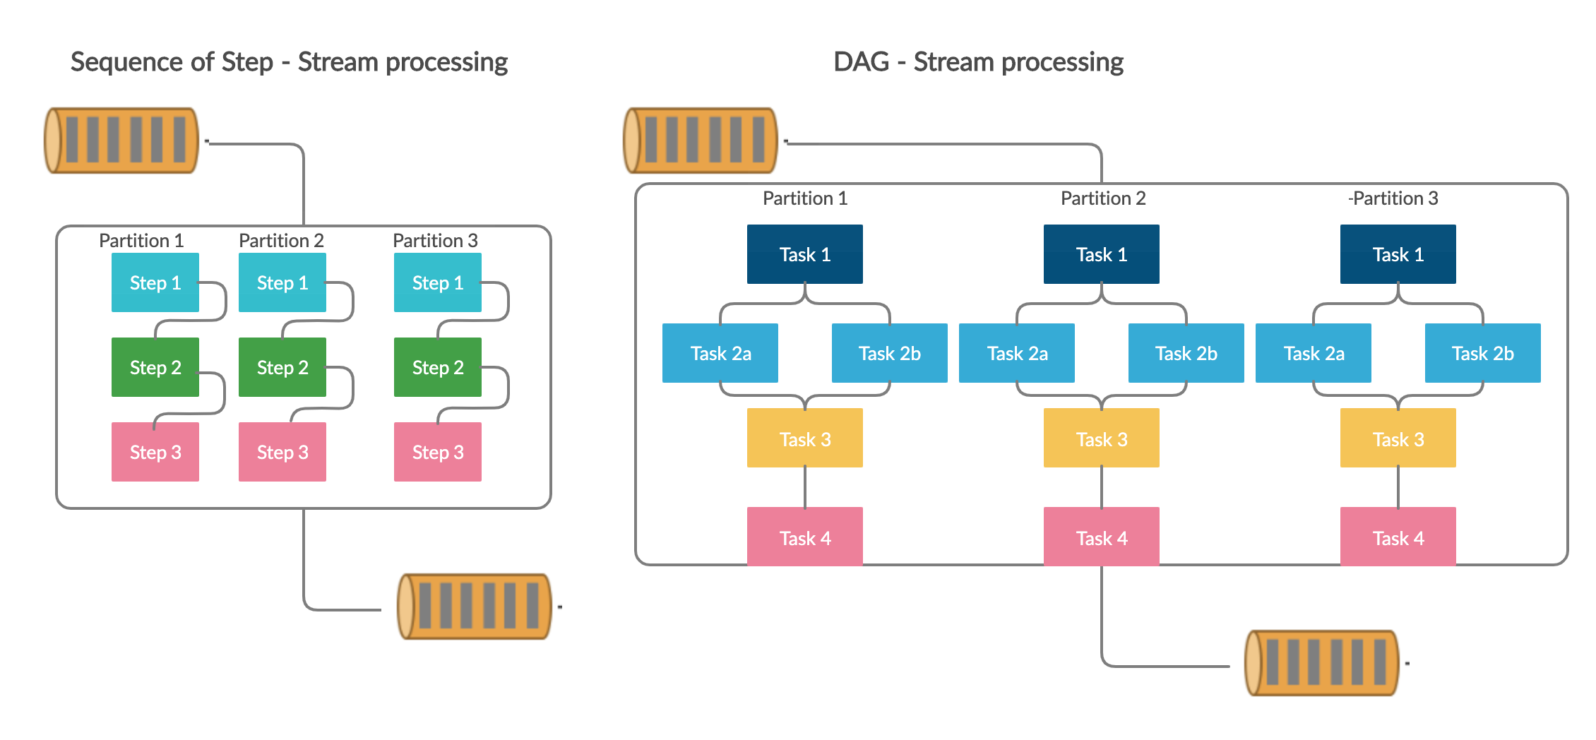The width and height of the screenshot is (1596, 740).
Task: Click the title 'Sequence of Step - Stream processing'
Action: [x=289, y=62]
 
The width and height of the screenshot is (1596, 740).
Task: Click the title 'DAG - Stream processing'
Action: [x=978, y=62]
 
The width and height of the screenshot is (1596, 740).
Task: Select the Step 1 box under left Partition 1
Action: [x=155, y=282]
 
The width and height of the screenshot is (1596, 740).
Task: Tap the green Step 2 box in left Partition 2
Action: [x=282, y=367]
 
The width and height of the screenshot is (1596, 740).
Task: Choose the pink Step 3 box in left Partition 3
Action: [x=438, y=452]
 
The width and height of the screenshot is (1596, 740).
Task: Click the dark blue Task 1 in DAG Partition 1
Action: [x=805, y=254]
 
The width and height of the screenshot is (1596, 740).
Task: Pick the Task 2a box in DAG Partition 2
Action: [x=1017, y=353]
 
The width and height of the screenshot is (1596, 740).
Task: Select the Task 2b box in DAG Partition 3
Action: [x=1483, y=353]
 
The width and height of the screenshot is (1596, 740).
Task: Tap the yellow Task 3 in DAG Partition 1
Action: [x=805, y=438]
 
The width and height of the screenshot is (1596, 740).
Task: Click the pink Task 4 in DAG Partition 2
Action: [x=1102, y=537]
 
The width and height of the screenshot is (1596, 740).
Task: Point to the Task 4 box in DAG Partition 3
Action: [x=1398, y=537]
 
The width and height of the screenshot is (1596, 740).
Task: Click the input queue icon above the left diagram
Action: [x=121, y=140]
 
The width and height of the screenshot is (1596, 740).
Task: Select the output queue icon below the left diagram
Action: [x=475, y=606]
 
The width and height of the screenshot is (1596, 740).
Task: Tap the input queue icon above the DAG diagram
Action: [x=701, y=140]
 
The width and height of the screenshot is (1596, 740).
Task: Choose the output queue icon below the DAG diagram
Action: [x=1322, y=662]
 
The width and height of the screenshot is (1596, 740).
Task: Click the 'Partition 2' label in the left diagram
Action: [x=281, y=240]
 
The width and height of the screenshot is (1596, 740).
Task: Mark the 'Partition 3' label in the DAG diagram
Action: [x=1394, y=198]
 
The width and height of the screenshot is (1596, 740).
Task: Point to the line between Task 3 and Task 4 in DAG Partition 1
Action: [x=805, y=487]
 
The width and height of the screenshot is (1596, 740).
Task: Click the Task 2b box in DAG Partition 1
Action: [x=890, y=353]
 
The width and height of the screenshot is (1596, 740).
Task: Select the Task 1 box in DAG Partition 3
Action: [x=1398, y=254]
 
